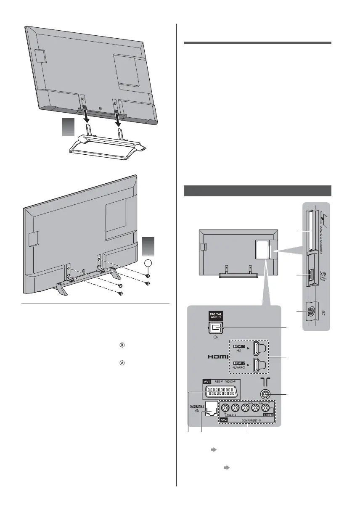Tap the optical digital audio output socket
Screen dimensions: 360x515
[x=216, y=327]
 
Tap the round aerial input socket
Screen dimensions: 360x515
[x=265, y=394]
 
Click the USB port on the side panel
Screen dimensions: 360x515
[x=312, y=276]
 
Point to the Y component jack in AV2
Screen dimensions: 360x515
[x=265, y=408]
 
